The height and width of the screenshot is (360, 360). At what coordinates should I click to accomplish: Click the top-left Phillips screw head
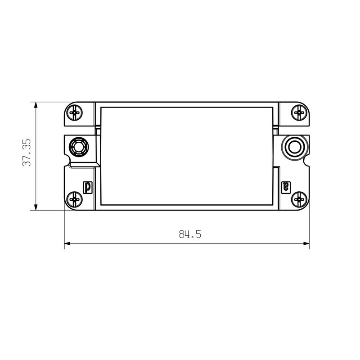click(x=74, y=112)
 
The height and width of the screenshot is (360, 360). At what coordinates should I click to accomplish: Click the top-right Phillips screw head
click(x=299, y=112)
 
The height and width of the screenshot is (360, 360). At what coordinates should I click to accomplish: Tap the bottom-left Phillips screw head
click(x=74, y=199)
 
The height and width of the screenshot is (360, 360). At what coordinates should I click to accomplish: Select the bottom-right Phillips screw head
click(x=299, y=199)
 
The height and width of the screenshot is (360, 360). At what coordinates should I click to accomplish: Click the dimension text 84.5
click(x=190, y=234)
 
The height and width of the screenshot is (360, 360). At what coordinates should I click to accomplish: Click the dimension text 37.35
click(x=27, y=153)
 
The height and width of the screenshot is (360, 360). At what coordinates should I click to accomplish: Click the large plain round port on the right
click(x=295, y=147)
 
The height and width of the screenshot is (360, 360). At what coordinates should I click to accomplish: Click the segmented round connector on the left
click(x=78, y=147)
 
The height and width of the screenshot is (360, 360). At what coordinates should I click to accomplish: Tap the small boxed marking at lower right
click(x=285, y=186)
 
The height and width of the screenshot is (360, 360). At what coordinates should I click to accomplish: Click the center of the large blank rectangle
click(x=187, y=155)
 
